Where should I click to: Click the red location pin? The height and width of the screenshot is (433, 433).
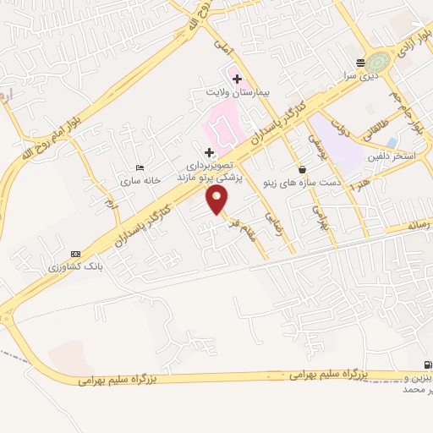[x=217, y=200]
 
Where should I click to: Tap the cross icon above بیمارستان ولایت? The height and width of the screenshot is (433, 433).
[x=238, y=79]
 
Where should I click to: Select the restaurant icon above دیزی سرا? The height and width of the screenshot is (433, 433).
[x=361, y=63]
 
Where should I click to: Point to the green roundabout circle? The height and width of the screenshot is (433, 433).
[x=380, y=61]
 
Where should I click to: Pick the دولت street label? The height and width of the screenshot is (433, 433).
[x=342, y=129]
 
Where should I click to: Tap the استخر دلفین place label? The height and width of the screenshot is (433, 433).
[x=391, y=157]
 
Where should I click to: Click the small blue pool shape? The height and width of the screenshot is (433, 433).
[x=391, y=142]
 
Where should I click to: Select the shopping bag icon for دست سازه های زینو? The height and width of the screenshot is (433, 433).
[x=302, y=170]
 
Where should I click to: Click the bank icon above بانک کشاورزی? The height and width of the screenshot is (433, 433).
[x=75, y=253]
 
